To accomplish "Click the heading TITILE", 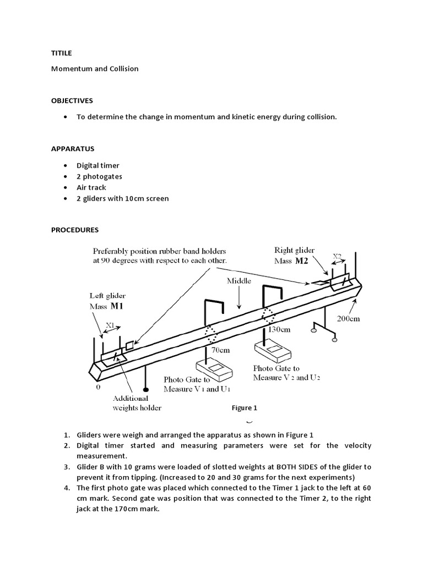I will coord(61,53).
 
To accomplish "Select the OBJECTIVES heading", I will coord(72,101).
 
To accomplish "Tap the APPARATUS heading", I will coord(73,149).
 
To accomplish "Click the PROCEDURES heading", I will coord(75,229).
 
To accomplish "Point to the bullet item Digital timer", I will coord(98,165).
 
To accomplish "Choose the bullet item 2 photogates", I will coord(99,176).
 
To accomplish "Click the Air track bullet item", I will coord(91,187).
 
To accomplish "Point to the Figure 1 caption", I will coord(245,408).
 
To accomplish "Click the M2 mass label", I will coord(301,261).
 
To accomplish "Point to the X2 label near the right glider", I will coord(338,256).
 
